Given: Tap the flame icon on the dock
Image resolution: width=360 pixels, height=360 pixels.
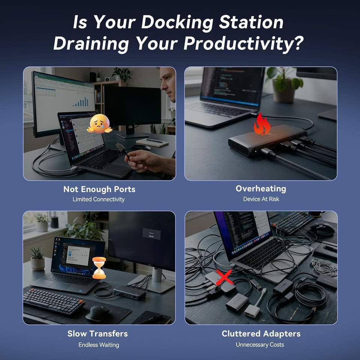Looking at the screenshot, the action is (x=262, y=124).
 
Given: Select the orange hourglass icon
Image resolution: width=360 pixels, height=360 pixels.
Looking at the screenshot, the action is (x=99, y=268).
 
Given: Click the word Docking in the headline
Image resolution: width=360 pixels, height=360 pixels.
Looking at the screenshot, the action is (x=177, y=22).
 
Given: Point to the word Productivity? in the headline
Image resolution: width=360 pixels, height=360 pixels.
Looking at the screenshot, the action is (x=243, y=43).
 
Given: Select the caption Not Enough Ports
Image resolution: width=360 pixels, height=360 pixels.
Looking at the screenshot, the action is (x=99, y=189).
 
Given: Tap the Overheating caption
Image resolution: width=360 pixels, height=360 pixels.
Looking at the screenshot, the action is (x=261, y=189).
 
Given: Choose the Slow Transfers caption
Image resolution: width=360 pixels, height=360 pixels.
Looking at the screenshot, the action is (x=97, y=334).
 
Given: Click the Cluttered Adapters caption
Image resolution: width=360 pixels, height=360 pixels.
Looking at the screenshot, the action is (x=261, y=334).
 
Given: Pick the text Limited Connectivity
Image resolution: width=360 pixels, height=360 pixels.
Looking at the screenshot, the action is (x=99, y=199).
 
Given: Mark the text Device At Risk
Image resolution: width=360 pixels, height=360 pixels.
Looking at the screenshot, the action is (x=261, y=199).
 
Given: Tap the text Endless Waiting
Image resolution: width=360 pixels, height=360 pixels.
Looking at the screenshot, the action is (x=99, y=345).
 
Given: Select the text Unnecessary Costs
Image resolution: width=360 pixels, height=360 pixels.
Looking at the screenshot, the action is (x=260, y=345).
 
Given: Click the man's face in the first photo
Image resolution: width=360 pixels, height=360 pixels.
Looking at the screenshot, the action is (x=168, y=85).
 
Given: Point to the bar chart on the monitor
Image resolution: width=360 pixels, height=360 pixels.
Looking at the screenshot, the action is (x=81, y=102).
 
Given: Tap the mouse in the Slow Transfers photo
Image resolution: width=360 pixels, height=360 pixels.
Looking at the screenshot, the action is (x=97, y=313).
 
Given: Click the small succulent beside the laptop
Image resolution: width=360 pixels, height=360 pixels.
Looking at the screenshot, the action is (x=37, y=259).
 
